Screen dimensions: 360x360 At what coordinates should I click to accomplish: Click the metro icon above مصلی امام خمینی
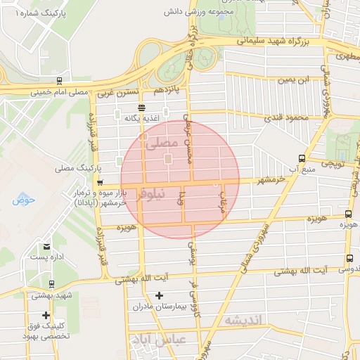pos(59,80)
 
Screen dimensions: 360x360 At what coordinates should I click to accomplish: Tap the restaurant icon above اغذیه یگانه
pos(142,108)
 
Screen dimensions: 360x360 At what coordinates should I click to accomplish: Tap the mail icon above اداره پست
pos(46,246)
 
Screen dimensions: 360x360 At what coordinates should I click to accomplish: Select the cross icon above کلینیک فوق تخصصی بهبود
pos(46,315)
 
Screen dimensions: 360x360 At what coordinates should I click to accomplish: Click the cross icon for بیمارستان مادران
pos(159,295)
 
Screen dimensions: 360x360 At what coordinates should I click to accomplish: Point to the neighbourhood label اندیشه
pos(243,320)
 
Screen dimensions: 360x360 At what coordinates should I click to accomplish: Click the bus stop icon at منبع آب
pos(302,158)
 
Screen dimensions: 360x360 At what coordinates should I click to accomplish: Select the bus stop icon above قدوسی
pos(349,258)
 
